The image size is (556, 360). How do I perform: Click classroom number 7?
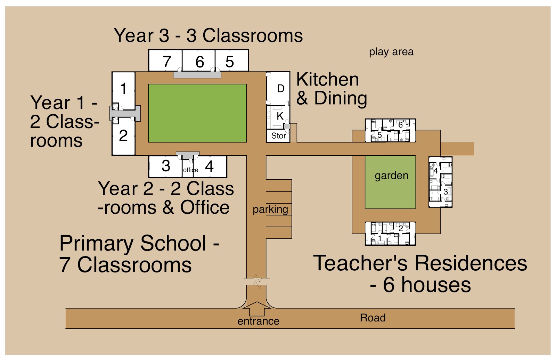coord(165,61)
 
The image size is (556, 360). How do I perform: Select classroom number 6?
coord(199,61)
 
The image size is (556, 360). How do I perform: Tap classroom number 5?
coord(231,61)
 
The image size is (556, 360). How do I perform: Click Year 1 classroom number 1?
coord(123,89)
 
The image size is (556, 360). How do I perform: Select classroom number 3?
coord(165,166)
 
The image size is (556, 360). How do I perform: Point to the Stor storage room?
coord(278,136)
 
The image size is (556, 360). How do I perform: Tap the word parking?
coord(270,210)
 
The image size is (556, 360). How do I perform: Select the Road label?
coord(373,318)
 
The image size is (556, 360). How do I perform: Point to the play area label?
coord(391,52)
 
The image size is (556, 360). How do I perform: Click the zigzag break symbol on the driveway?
coord(257,280)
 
